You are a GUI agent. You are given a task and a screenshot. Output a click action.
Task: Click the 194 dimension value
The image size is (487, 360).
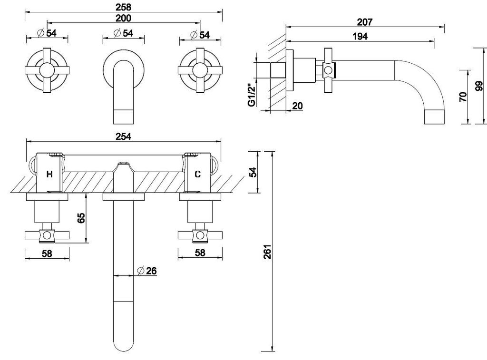pyautogui.click(x=360, y=37)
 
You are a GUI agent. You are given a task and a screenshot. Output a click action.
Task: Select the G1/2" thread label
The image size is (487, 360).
pyautogui.click(x=251, y=95)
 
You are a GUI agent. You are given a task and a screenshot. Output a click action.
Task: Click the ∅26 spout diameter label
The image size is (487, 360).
pyautogui.click(x=147, y=271)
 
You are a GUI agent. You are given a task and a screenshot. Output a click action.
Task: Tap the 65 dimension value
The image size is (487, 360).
pyautogui.click(x=81, y=218)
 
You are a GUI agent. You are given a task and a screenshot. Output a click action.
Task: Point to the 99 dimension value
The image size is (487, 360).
pyautogui.click(x=479, y=86)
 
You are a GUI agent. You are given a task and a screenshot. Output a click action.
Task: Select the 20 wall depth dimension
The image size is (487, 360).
pyautogui.click(x=297, y=106)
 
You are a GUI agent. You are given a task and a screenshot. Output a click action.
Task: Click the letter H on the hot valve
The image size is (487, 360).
pyautogui.click(x=49, y=175)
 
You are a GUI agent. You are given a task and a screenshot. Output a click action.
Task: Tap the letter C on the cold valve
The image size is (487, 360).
pyautogui.click(x=197, y=175)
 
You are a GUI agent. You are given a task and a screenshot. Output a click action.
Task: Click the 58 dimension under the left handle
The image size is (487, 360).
pyautogui.click(x=47, y=253)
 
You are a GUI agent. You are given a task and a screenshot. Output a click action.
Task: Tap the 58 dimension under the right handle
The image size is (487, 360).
pyautogui.click(x=200, y=253)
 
